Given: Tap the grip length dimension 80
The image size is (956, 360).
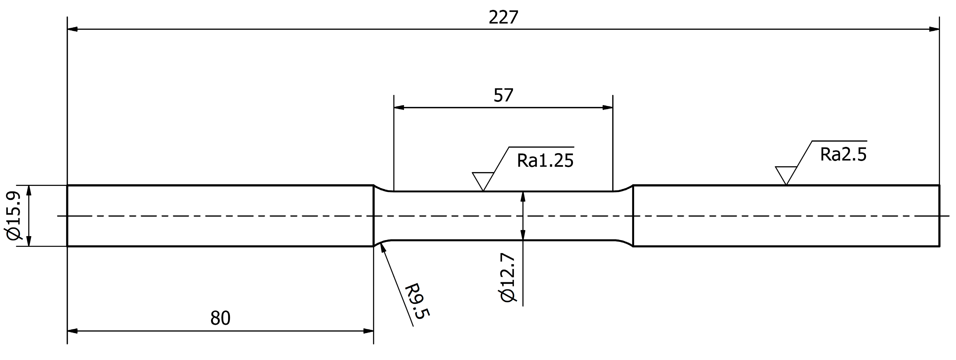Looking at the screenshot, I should (220, 318).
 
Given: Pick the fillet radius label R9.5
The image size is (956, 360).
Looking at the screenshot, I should (416, 301).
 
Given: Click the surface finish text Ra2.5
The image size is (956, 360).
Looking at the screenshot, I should (843, 155).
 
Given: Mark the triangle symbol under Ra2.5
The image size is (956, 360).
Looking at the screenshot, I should (786, 174).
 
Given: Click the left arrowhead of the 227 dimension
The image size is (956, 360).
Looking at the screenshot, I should (72, 29).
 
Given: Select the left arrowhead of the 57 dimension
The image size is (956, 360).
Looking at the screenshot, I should (399, 108).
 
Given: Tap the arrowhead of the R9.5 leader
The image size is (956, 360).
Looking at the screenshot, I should (382, 250).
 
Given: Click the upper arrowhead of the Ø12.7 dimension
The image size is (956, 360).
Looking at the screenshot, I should (523, 196).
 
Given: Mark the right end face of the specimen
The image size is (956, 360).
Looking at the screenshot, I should (939, 216).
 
